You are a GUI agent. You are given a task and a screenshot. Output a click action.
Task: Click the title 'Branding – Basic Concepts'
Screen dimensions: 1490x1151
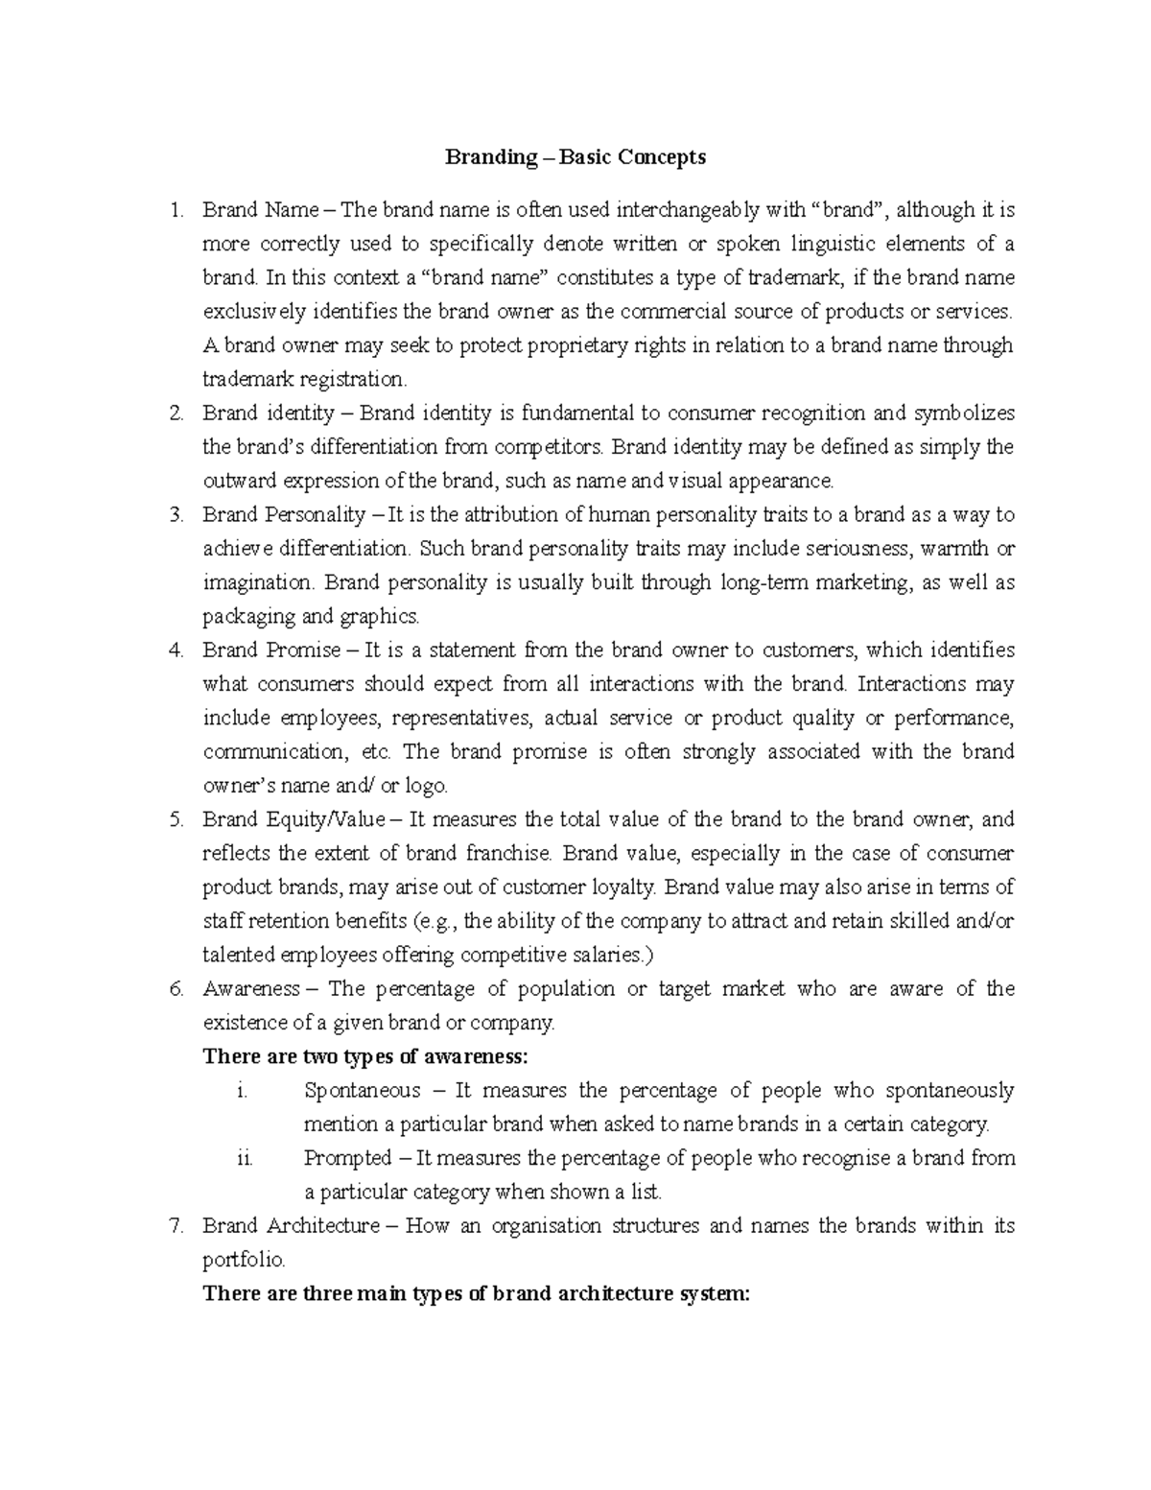tap(575, 157)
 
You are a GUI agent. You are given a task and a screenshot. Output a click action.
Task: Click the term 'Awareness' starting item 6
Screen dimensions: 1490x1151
tap(250, 989)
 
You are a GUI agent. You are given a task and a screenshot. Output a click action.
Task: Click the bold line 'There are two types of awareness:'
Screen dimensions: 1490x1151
tap(364, 1057)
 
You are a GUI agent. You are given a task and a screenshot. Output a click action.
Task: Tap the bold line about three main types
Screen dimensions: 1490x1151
tap(476, 1293)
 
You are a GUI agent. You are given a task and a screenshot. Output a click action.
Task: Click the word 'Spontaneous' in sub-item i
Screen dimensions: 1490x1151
tap(362, 1091)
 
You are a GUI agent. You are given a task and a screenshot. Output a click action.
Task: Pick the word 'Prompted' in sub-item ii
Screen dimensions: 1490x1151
tap(347, 1158)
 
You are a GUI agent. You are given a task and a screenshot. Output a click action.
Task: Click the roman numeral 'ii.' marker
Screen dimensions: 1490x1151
tap(244, 1158)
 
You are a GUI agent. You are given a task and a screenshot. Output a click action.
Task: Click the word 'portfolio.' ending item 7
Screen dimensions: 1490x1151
tap(244, 1260)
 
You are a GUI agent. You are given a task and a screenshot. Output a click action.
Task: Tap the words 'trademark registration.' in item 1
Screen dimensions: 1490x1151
tap(304, 379)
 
